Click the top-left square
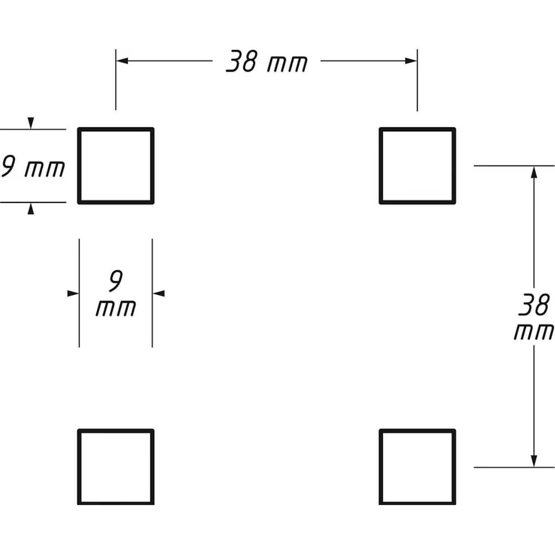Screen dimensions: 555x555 [116, 166]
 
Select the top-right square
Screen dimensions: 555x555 [417, 166]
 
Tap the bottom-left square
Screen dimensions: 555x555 [116, 467]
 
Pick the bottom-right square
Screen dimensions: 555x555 [417, 467]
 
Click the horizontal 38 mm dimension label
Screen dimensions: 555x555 [267, 61]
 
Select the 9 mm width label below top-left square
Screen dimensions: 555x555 [116, 294]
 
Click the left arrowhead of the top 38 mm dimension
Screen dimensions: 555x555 [122, 61]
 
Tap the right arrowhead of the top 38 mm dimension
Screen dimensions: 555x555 [411, 61]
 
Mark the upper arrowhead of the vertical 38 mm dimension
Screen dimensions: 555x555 [534, 172]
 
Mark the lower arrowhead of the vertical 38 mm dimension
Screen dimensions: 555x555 [534, 461]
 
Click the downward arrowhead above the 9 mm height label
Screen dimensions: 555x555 [31, 123]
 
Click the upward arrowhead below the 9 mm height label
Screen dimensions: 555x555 [31, 209]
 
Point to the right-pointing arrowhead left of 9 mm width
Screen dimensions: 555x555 [73, 293]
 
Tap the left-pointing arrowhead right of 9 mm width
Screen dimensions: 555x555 [159, 293]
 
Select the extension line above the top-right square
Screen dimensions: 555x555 [417, 80]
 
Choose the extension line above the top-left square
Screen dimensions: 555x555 [116, 80]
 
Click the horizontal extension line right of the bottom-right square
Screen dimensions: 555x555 [514, 467]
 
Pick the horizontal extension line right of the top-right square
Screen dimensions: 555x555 [514, 166]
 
